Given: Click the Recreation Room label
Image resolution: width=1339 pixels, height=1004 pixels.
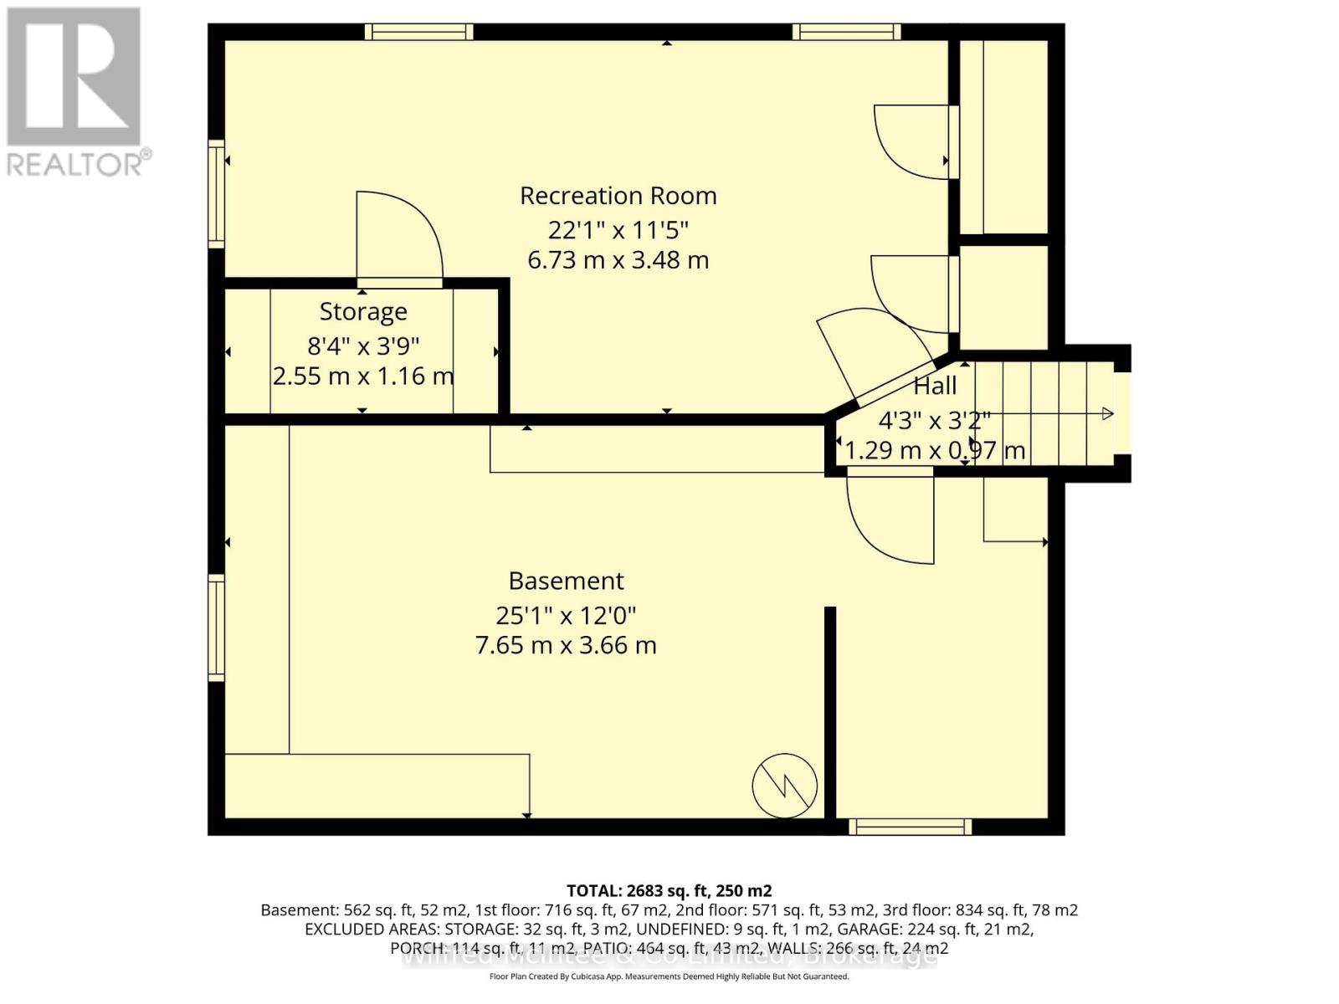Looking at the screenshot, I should point(618,196).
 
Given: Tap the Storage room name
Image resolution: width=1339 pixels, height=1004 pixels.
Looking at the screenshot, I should point(363,311).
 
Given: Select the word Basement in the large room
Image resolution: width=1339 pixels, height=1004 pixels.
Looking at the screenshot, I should point(566,581).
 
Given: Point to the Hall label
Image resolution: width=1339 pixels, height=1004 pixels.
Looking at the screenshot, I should point(934,386).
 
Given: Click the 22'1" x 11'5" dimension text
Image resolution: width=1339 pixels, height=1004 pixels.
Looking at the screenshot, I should point(618,229).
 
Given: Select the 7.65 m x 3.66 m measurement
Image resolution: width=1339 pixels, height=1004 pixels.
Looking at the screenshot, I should point(566,645).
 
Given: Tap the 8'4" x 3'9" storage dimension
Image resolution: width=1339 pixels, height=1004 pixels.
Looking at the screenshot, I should point(363,345).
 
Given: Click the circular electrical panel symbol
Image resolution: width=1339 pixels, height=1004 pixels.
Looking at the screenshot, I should point(784,786).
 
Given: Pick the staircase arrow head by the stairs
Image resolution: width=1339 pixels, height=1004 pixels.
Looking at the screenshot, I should point(1107,413).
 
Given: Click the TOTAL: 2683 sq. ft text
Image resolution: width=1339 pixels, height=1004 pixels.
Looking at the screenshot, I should point(669,891).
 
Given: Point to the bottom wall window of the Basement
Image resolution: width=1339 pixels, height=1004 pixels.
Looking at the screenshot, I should point(910,827).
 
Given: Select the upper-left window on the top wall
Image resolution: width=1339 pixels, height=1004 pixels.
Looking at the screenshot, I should point(418,32).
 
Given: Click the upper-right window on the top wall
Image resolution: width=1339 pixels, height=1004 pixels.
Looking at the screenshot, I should point(846,32).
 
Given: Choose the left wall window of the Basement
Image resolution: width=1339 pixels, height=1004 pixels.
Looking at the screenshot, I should point(217,627).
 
